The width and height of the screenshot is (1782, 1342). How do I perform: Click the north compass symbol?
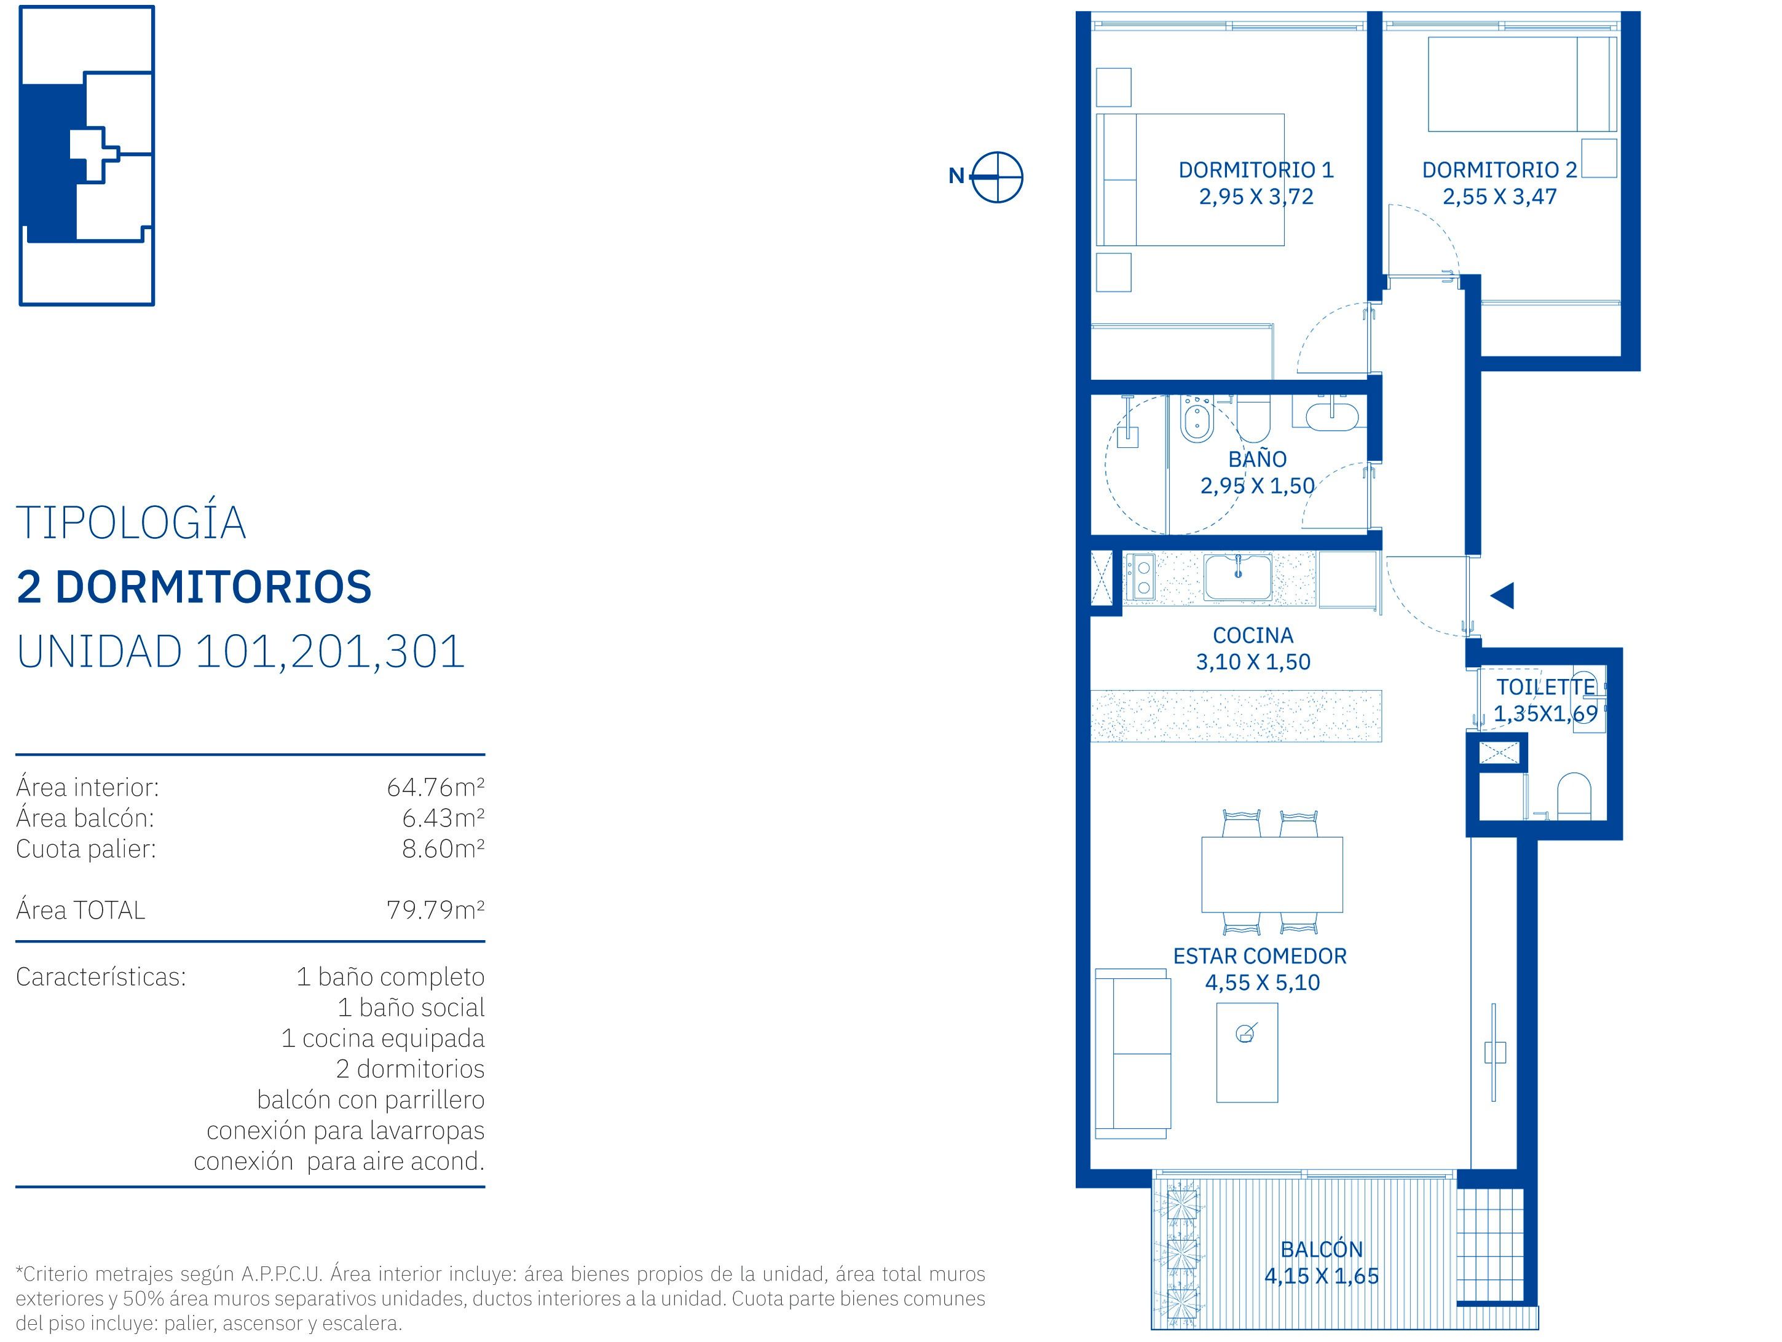pos(996,176)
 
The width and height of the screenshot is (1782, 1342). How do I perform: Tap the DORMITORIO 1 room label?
pos(1256,170)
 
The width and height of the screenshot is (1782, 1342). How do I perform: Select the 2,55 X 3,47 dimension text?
pos(1499,197)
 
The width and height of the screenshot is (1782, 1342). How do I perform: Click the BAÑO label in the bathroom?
pos(1257,459)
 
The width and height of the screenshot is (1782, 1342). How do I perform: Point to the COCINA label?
pos(1253,635)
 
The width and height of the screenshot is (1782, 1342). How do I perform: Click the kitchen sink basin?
pos(1238,576)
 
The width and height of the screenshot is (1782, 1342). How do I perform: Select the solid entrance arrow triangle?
pos(1502,595)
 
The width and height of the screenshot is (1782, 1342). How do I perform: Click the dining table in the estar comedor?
pos(1271,874)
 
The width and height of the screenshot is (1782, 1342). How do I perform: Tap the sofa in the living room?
pos(1133,1054)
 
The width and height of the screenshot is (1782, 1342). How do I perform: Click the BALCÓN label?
pos(1321,1249)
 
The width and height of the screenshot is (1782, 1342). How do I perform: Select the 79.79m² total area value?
pos(435,910)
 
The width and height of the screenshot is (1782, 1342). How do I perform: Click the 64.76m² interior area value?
pos(435,787)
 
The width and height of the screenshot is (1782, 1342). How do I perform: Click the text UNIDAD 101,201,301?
pos(241,652)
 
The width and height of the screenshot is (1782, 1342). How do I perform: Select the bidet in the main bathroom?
pos(1197,419)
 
